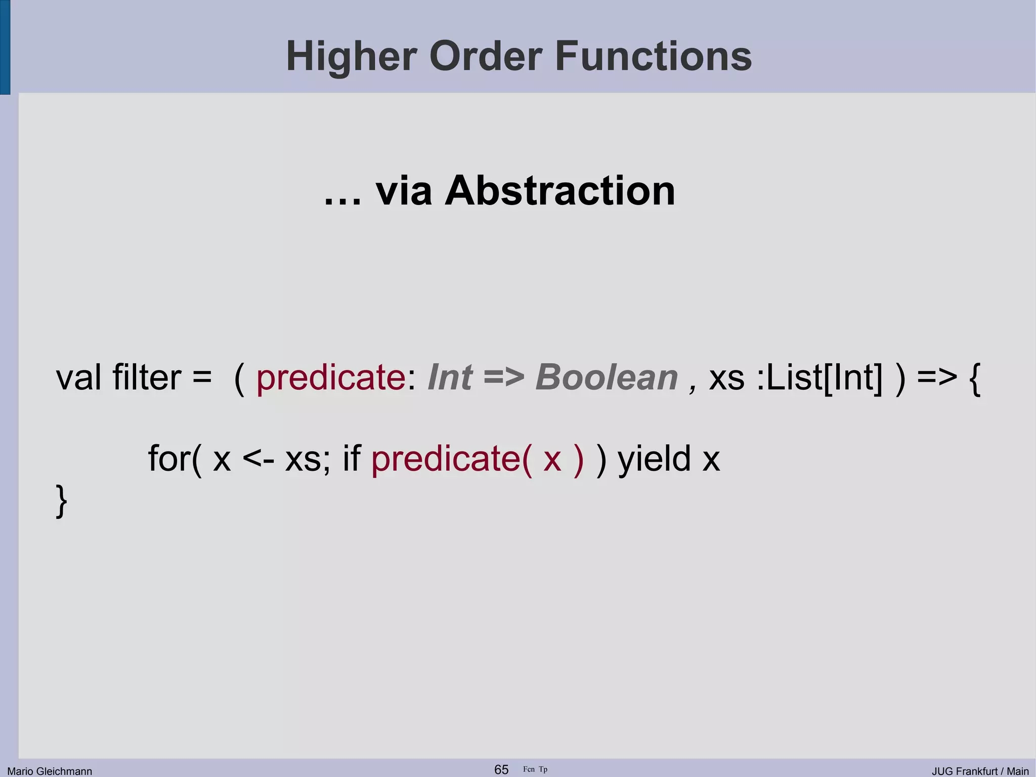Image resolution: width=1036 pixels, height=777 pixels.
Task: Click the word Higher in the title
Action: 352,57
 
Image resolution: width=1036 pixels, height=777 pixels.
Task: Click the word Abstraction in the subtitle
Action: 559,191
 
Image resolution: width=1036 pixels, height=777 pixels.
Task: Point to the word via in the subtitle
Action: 404,191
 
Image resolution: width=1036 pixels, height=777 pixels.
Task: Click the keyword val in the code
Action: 78,378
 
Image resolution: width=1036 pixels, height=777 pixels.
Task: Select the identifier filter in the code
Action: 146,378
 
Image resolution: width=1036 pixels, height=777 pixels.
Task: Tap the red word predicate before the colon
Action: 331,379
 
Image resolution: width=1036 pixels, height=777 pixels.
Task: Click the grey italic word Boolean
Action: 606,378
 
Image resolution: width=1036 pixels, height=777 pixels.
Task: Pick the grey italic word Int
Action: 450,378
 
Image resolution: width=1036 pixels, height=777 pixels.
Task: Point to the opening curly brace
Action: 974,379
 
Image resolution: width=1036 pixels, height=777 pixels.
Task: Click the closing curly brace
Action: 61,501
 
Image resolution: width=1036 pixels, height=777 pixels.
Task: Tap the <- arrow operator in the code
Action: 258,459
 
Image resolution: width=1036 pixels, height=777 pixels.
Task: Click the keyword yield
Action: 654,459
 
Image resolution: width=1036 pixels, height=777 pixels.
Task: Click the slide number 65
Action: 501,769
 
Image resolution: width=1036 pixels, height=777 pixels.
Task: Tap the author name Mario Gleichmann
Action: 50,771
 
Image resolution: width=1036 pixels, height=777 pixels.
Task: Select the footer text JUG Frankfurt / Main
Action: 980,771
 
